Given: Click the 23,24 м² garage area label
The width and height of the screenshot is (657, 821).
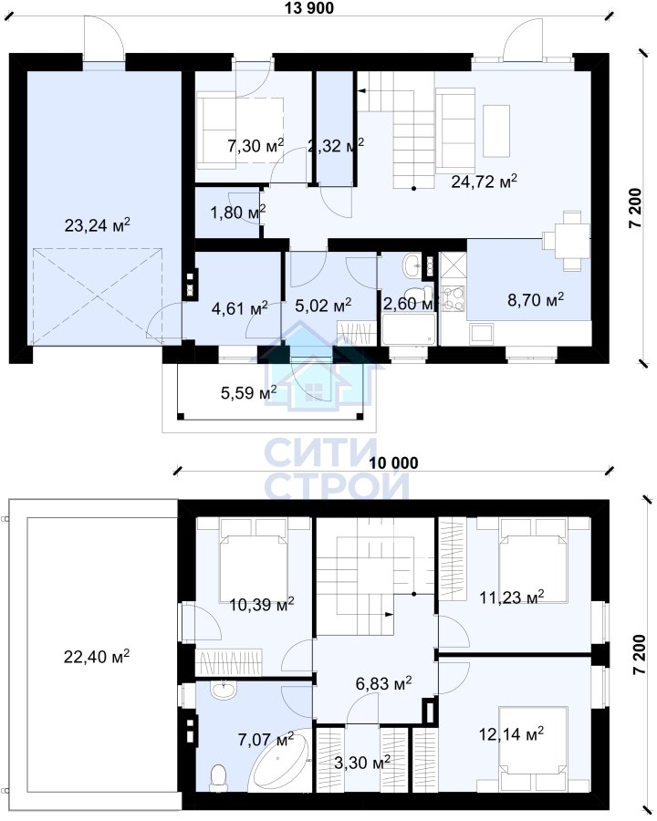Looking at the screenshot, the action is tap(97, 225).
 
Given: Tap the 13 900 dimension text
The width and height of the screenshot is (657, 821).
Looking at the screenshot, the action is tap(309, 7).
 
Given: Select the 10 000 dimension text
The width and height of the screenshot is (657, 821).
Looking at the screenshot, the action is tap(394, 462).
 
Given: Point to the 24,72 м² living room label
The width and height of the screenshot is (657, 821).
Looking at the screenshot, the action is tap(485, 182).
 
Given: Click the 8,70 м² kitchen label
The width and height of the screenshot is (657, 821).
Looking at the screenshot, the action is tap(536, 299).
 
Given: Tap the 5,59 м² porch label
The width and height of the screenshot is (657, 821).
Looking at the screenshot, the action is tap(248, 392).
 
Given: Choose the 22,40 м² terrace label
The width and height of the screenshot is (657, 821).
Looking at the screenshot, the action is tap(97, 656).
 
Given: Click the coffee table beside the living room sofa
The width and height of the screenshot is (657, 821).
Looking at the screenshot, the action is tap(496, 130).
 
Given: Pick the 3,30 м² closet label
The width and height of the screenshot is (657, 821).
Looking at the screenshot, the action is tap(362, 763).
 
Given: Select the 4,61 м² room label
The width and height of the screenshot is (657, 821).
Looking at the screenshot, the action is tap(239, 308).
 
